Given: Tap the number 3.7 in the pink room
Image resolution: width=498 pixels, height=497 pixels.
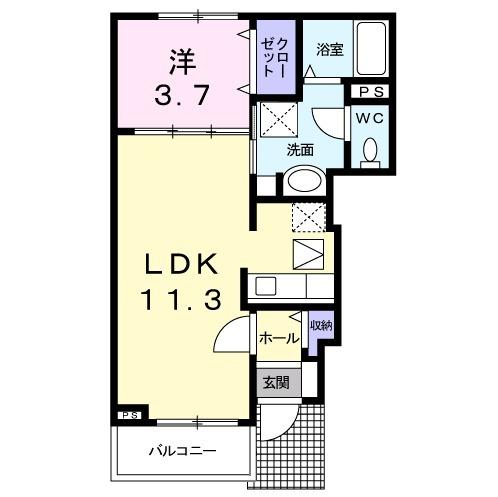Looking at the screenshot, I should coord(180,97).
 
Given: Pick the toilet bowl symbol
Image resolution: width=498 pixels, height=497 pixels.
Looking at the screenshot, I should coord(370,150).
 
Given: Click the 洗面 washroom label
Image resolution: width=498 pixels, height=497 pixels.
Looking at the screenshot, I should coord(300,150).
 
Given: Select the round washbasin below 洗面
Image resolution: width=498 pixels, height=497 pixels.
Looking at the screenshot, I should coord(300,181).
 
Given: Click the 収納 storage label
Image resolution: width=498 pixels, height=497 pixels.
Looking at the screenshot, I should coord(319,326).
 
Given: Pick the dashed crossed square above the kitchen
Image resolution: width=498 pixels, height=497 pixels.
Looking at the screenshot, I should coord(307,217).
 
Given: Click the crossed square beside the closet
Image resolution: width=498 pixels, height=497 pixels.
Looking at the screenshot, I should coord(274,121).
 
